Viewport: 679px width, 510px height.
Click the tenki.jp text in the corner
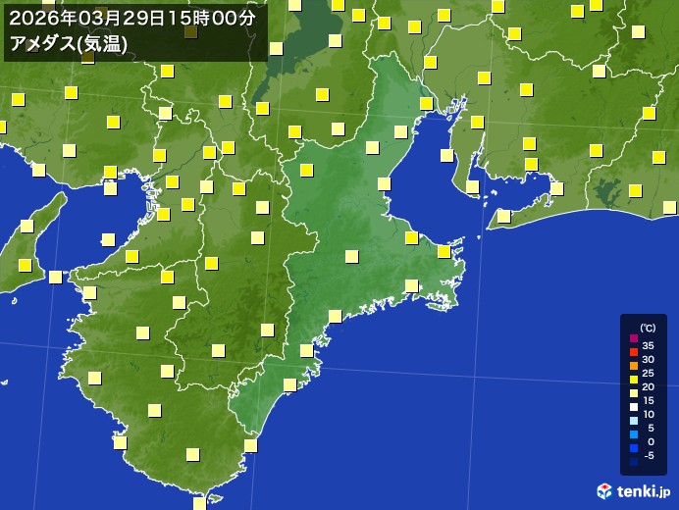[643, 490]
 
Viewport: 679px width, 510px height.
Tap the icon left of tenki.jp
[604, 490]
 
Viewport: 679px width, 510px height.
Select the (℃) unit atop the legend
[648, 328]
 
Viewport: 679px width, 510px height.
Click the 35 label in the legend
[648, 345]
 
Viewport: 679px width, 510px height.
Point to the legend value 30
[648, 359]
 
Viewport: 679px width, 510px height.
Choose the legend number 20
[648, 386]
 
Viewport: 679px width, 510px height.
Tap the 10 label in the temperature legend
[648, 414]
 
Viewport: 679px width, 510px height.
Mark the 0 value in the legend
[650, 441]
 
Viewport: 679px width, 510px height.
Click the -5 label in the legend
[648, 455]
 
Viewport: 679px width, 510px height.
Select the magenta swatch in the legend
[633, 338]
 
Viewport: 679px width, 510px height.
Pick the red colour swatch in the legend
[633, 352]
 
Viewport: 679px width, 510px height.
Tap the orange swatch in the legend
[633, 366]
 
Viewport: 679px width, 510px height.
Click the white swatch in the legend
[633, 407]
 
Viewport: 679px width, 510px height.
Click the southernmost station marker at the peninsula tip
[200, 503]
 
